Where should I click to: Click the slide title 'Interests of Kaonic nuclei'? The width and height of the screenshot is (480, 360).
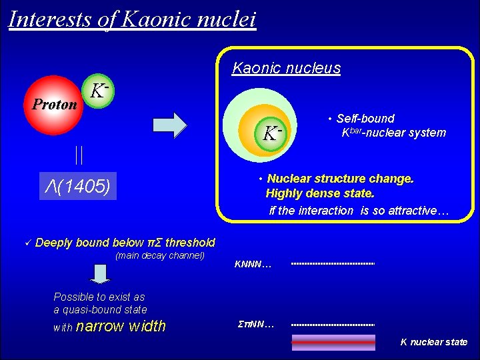pos(132,18)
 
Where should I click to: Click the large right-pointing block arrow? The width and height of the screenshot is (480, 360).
pos(171,125)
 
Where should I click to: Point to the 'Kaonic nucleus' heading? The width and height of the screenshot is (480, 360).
pos(286,68)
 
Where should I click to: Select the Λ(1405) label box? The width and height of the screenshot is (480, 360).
pos(77,186)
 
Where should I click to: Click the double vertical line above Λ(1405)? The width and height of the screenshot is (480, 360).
pos(79,156)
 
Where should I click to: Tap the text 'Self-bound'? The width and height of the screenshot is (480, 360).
pos(365,119)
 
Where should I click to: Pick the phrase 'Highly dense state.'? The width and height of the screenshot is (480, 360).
pos(320,193)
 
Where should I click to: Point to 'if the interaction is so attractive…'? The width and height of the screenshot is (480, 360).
pos(359,211)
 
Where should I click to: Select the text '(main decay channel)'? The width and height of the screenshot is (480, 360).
pos(160,256)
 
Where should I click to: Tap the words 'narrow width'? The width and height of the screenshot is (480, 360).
pos(121,326)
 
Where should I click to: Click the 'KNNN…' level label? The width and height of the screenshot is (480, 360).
pos(253,265)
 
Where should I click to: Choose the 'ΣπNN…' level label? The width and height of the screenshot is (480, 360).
pos(255,325)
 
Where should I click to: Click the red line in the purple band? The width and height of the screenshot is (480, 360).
pos(333,342)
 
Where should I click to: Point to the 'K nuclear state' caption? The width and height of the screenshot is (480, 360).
pos(433,342)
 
